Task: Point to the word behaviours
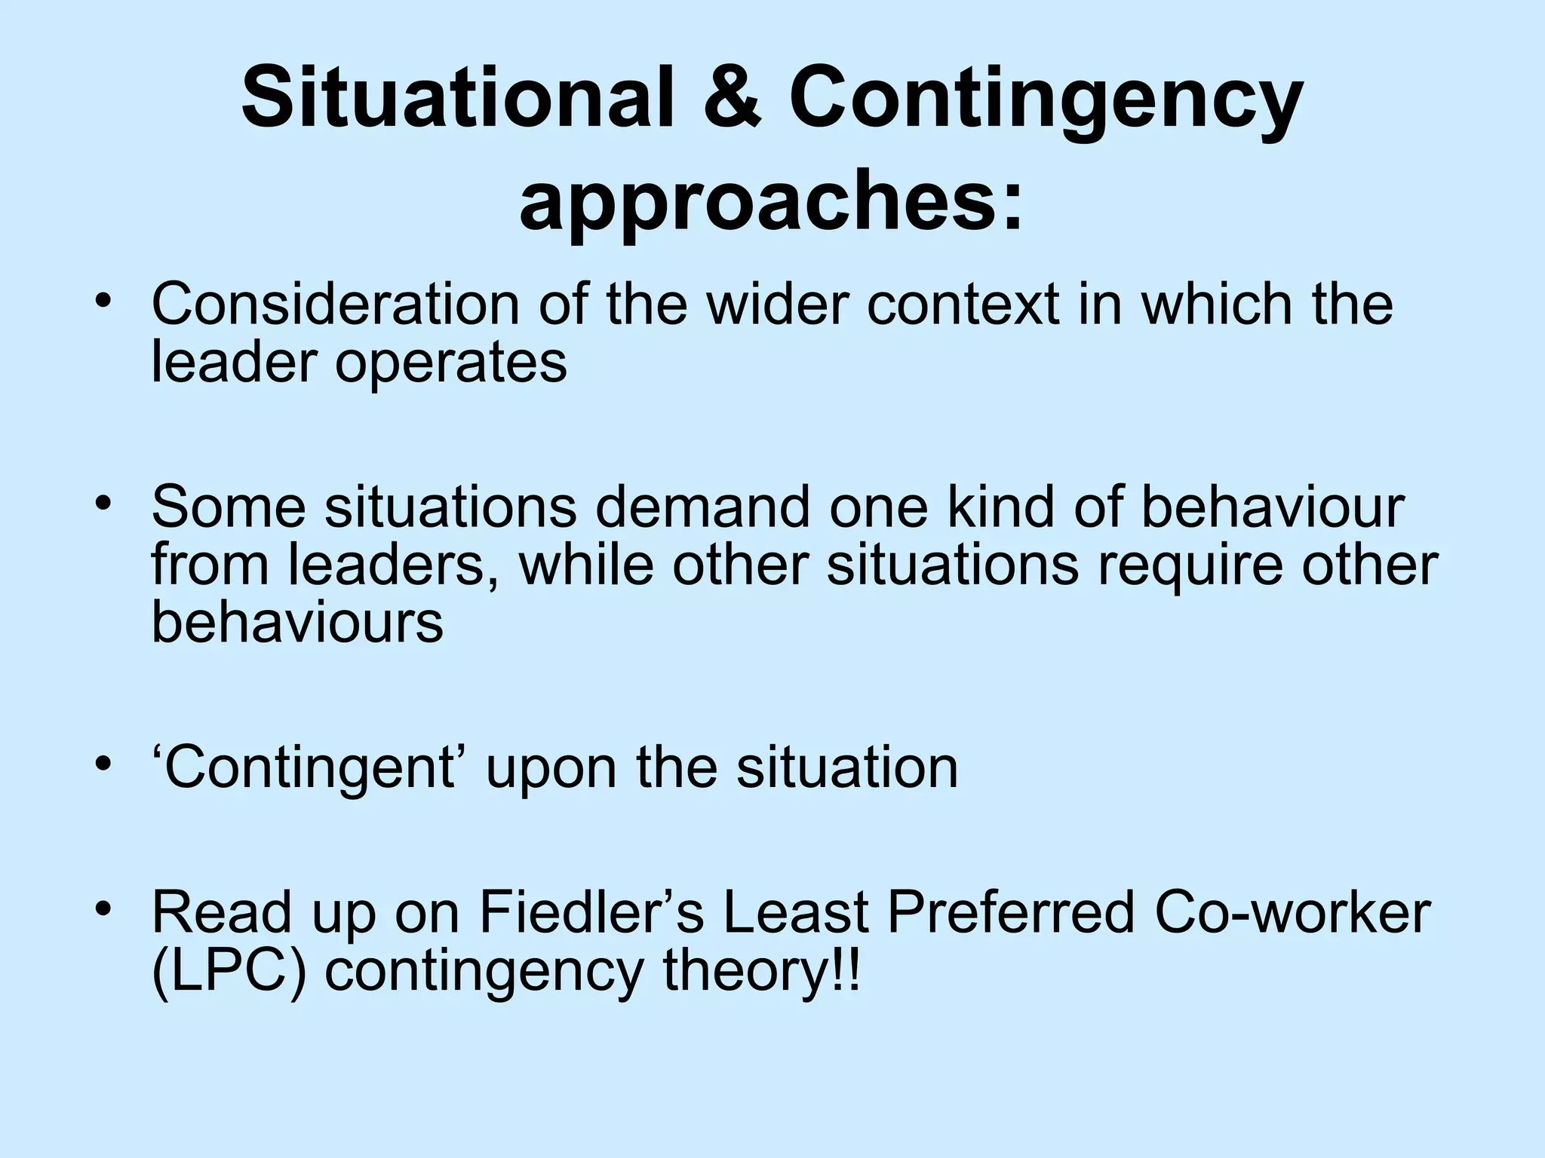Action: tap(297, 623)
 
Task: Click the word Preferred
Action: tap(1010, 912)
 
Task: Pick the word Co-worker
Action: tap(1292, 912)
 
